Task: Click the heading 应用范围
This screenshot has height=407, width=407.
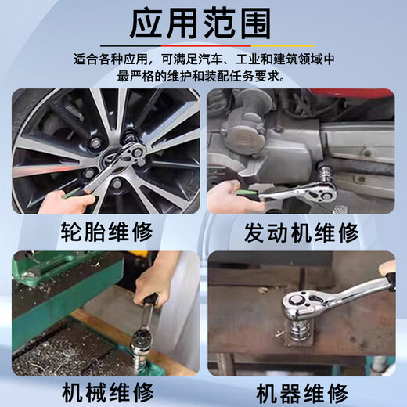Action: click(200, 24)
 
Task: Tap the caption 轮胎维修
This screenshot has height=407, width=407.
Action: click(107, 232)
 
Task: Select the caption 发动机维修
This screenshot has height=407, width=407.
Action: click(301, 232)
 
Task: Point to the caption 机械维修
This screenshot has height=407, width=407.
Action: click(107, 393)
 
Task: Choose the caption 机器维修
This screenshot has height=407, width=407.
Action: click(302, 394)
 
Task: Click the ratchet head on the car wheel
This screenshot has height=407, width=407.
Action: click(134, 151)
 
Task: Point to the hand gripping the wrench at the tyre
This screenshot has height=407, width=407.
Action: click(67, 202)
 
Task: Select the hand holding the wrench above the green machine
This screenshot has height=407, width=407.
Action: click(151, 283)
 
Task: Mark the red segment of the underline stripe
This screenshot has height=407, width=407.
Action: click(206, 45)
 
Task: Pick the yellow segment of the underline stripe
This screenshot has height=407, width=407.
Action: click(283, 45)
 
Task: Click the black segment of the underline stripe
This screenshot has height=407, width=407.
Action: click(131, 45)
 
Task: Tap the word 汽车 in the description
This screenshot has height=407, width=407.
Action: click(211, 59)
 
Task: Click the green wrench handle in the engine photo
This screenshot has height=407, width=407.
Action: click(248, 194)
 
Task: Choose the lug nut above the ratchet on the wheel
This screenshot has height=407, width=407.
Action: click(95, 143)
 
